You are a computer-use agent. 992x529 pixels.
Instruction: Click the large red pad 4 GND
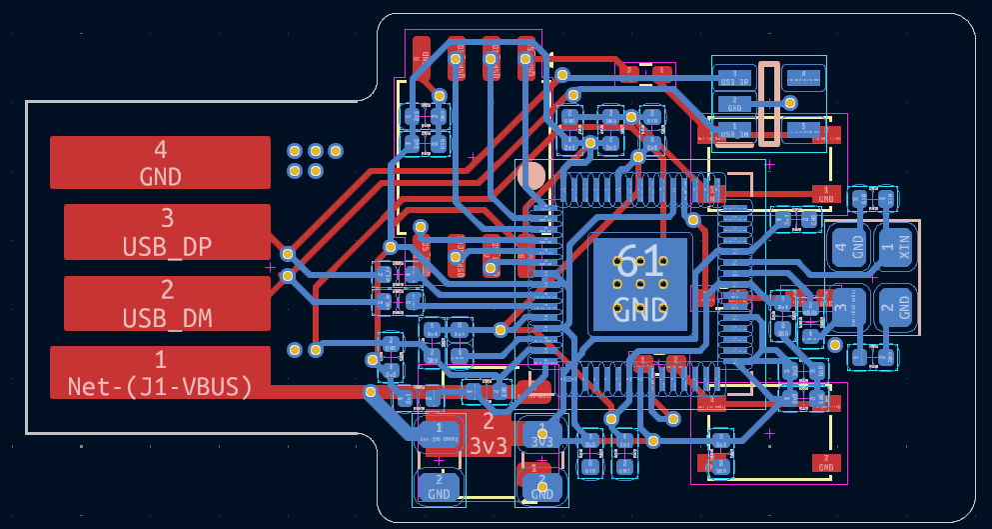160,162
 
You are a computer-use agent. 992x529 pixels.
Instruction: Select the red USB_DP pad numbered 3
167,232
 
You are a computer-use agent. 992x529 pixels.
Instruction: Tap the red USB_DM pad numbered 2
167,303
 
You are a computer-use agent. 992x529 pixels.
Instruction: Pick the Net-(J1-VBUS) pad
160,372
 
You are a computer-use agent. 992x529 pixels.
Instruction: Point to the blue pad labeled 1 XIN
896,246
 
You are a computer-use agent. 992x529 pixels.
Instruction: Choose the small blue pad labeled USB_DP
735,77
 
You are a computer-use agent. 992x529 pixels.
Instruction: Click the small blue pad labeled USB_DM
735,129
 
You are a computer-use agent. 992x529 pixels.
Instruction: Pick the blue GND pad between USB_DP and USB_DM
735,103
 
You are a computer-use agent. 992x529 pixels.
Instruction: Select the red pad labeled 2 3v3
488,432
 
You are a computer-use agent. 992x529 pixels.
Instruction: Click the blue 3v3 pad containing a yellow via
542,436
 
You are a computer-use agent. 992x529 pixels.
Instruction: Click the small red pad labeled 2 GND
824,462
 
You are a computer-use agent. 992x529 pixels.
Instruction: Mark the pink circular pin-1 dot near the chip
531,177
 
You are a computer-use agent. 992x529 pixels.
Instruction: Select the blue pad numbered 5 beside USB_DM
803,129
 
